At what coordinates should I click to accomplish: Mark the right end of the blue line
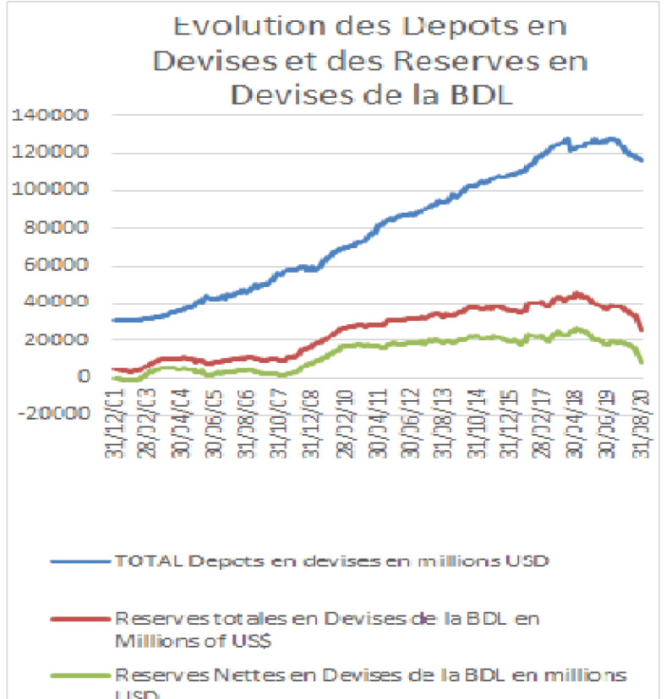641,160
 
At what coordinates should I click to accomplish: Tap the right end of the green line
642,362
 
